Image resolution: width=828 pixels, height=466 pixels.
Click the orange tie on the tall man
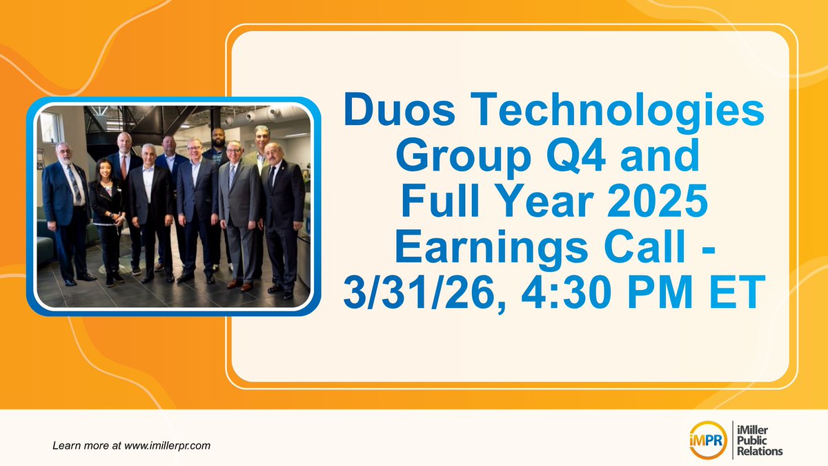(124, 166)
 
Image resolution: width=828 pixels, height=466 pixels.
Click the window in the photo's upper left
(50, 127)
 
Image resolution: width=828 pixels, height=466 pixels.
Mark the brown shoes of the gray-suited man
(238, 284)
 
